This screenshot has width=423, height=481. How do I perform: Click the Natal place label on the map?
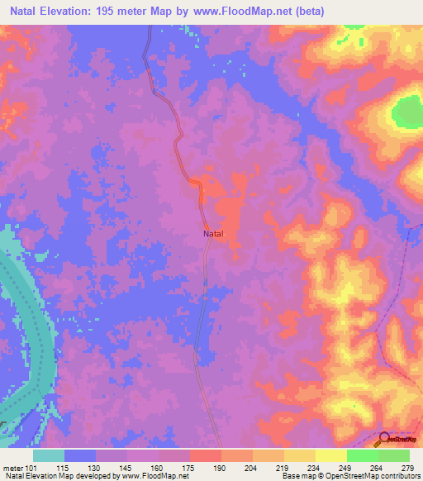point(213,234)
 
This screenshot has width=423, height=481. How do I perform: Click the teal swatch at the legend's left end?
point(49,455)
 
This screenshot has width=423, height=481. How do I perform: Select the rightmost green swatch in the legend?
point(394,455)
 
